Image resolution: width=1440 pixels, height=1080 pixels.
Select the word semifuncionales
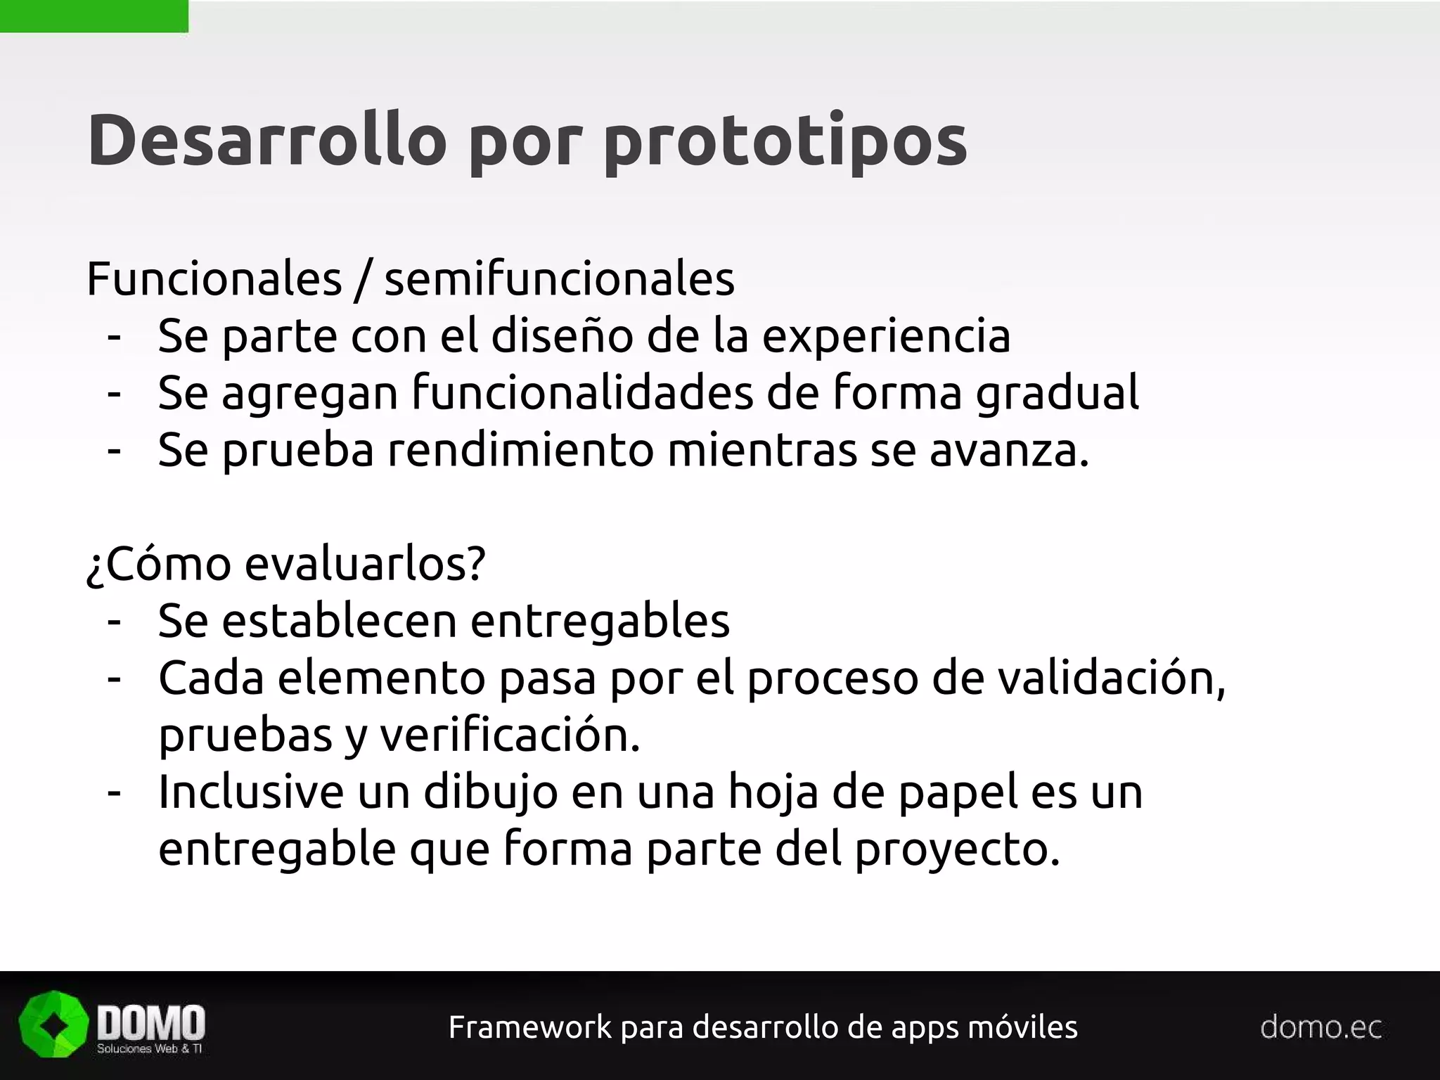(x=559, y=279)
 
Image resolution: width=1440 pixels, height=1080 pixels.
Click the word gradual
(x=1057, y=394)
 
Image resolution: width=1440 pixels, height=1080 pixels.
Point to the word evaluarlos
(x=365, y=564)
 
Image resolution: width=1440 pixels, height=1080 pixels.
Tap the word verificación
(x=510, y=736)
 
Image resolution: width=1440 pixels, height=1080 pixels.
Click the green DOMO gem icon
(x=53, y=1024)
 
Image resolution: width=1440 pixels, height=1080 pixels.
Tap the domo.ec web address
(x=1320, y=1027)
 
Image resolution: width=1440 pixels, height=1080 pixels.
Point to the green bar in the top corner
(x=94, y=16)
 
